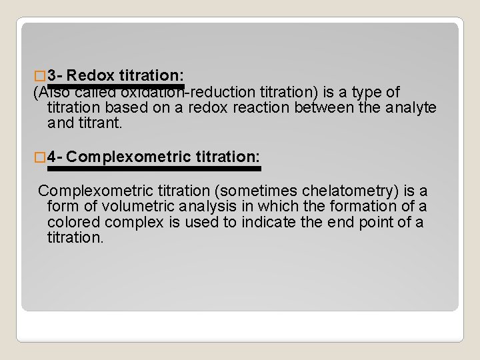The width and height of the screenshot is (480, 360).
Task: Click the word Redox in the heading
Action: click(91, 75)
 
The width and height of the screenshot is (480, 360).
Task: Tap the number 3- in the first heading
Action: click(56, 75)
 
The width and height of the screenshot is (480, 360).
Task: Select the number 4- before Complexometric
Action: click(56, 157)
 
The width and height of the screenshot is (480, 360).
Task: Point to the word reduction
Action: click(223, 92)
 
